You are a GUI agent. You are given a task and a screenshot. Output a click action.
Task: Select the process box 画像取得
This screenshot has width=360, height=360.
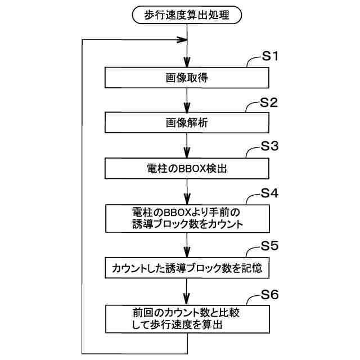187,78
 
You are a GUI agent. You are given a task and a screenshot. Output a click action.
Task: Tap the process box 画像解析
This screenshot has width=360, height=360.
187,122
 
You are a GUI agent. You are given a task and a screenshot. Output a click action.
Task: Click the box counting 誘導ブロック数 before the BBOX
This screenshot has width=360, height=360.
187,217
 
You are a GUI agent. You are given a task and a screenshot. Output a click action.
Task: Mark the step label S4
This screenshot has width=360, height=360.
271,193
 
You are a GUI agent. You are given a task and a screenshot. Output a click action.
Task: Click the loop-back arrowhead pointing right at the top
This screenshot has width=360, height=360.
182,40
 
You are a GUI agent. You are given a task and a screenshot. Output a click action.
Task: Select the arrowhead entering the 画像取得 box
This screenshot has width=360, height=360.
187,64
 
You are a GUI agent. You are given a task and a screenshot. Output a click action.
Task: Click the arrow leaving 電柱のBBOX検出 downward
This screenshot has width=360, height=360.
187,194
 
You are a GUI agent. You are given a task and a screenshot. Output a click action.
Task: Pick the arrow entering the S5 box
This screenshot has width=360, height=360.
187,247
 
